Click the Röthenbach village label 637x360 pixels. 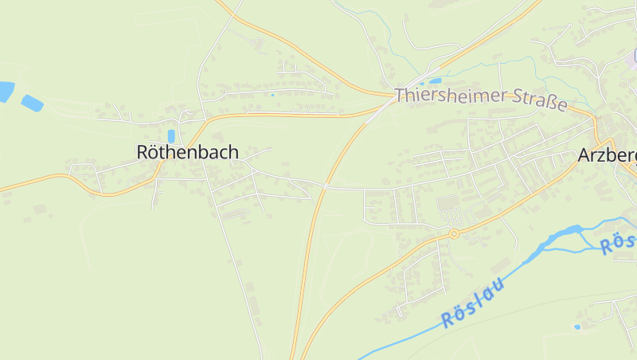tap(187, 151)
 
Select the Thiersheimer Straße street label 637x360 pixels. tap(481, 100)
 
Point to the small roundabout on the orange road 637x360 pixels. tap(453, 233)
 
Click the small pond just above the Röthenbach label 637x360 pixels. tap(171, 136)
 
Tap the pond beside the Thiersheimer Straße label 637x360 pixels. tap(435, 80)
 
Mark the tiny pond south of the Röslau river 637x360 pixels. tap(577, 327)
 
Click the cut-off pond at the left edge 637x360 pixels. tap(6, 92)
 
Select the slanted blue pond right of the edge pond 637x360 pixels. tap(33, 103)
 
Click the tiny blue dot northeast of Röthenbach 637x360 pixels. tap(272, 96)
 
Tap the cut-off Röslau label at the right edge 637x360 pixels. tap(619, 244)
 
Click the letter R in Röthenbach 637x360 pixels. tap(143, 151)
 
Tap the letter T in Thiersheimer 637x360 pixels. tap(401, 95)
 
